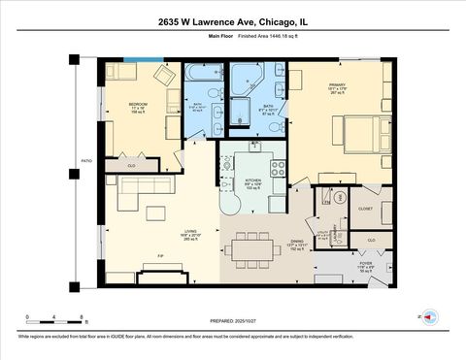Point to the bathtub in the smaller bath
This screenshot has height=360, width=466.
(206, 74)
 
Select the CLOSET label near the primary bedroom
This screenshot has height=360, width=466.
(365, 208)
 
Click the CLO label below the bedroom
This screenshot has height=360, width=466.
(132, 166)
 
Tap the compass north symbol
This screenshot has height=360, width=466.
(433, 315)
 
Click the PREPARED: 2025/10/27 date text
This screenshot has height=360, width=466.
(232, 320)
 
